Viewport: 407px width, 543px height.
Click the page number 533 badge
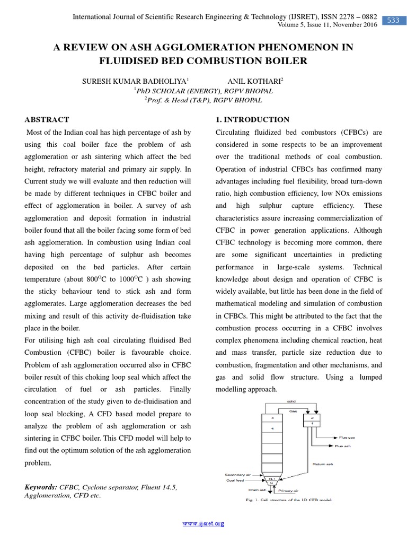(393, 20)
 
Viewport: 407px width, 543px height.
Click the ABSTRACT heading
(48, 120)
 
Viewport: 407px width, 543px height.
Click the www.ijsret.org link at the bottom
(203, 523)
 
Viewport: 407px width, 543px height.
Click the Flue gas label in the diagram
(347, 437)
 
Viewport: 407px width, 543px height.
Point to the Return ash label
(322, 464)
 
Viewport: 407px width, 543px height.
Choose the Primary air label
(288, 491)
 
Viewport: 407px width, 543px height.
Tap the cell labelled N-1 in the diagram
(271, 478)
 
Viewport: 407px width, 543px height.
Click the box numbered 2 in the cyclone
(312, 417)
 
